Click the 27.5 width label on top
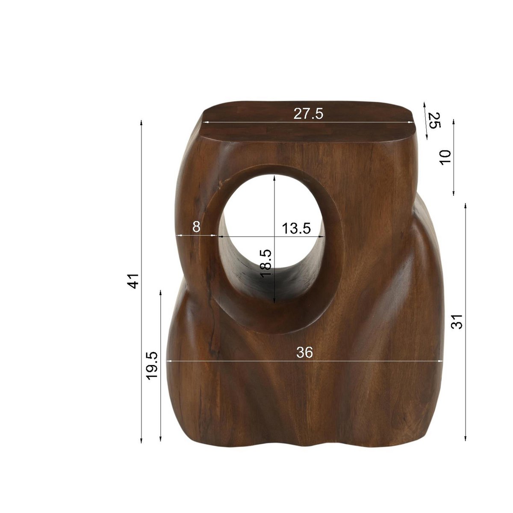click(308, 114)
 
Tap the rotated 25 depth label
click(434, 121)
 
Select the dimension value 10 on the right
click(445, 157)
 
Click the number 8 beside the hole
click(196, 227)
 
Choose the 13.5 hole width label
click(296, 228)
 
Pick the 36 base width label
click(304, 353)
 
